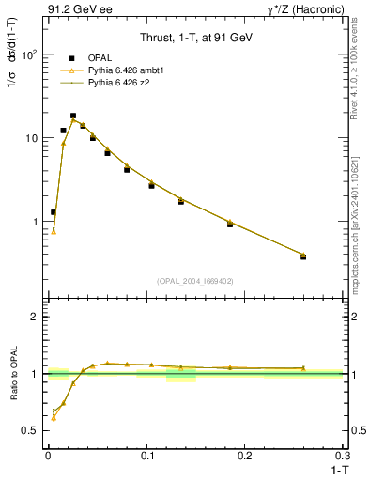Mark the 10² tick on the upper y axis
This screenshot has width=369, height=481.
[31, 54]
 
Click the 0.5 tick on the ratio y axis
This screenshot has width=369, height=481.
[31, 430]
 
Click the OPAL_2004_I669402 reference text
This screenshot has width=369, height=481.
[194, 279]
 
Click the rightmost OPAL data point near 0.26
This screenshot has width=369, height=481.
[302, 256]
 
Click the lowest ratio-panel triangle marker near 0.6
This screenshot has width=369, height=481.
[54, 417]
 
